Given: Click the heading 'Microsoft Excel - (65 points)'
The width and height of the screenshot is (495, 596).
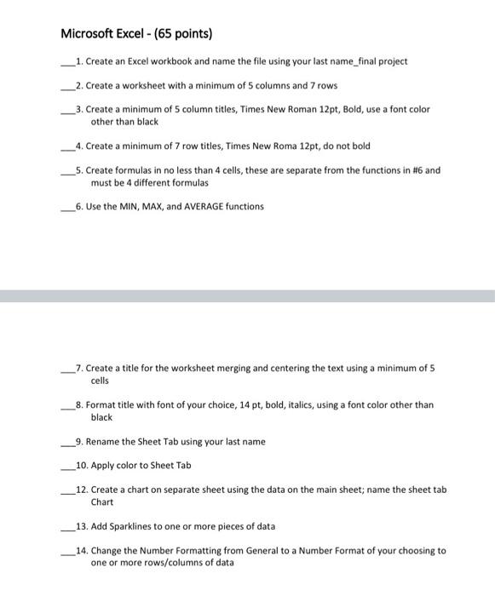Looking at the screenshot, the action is (136, 34).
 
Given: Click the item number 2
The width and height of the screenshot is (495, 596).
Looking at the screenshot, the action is (78, 85).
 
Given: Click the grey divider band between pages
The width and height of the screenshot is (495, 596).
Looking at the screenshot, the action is (247, 295).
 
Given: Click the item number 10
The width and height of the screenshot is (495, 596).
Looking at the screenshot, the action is (81, 466).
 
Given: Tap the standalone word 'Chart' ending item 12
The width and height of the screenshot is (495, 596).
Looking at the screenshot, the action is (102, 502).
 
